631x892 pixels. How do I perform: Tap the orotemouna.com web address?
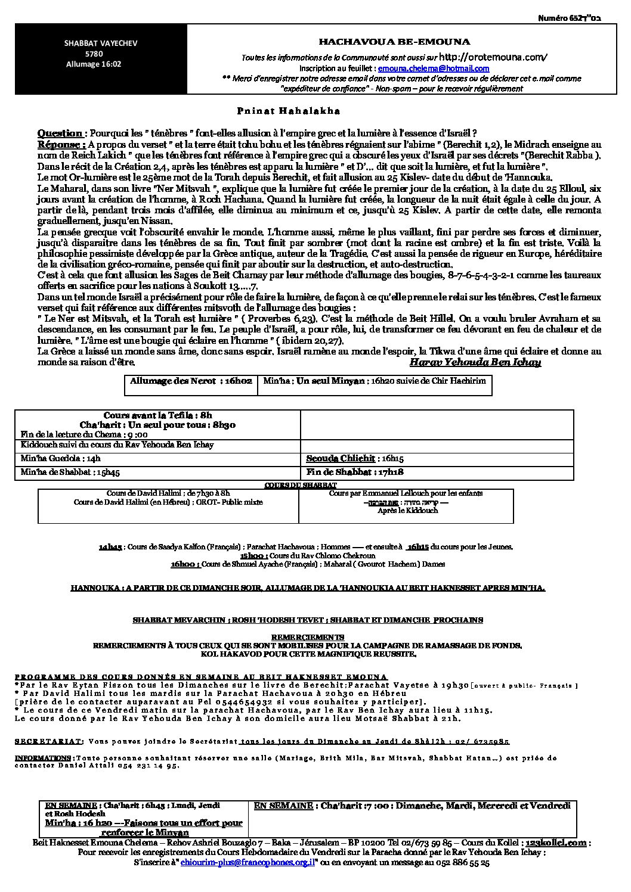492,57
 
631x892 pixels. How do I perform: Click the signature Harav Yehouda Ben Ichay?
475,362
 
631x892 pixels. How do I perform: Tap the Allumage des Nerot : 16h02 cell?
191,381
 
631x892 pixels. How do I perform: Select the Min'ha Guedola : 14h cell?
61,458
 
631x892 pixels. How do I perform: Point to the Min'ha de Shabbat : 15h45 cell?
70,473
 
